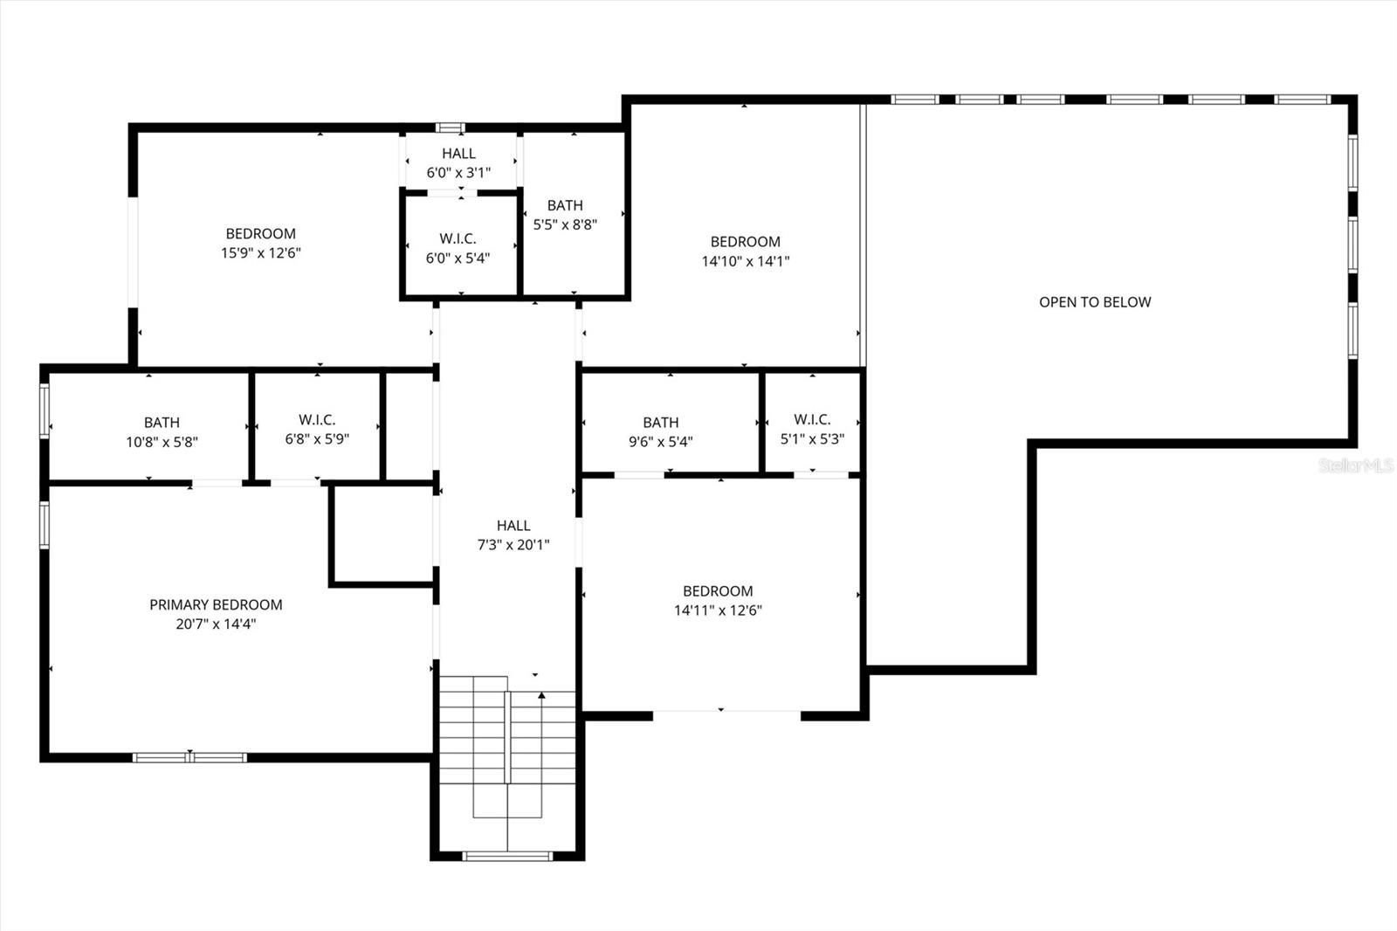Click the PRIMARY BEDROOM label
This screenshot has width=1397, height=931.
point(216,604)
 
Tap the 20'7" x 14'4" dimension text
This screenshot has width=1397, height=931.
point(216,624)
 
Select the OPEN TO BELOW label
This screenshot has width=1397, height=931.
point(1095,302)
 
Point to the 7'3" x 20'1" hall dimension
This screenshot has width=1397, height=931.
point(513,545)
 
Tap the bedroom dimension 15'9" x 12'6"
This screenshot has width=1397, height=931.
point(261,253)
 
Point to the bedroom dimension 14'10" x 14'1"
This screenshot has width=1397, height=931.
point(746,261)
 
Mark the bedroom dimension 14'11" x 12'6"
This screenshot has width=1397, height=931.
point(718,610)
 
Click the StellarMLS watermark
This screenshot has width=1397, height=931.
point(1356,465)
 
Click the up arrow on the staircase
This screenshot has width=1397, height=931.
point(542,696)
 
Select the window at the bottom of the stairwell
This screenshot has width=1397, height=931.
point(507,856)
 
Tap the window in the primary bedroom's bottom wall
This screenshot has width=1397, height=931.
point(189,757)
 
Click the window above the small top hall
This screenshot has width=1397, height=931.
point(451,128)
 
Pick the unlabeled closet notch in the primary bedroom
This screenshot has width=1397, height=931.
point(382,534)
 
